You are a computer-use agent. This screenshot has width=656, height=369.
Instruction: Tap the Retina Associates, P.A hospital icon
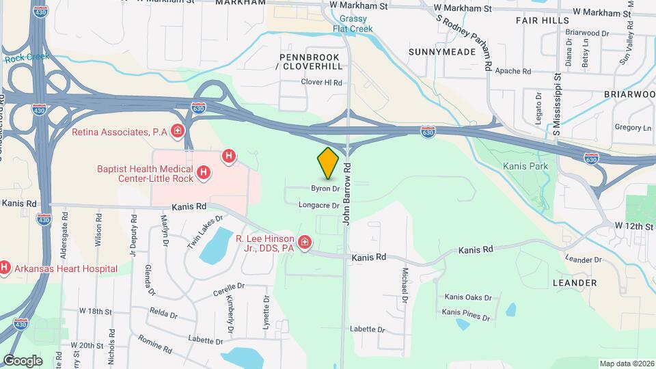178,131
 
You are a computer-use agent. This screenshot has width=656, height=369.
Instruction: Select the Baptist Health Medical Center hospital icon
203,174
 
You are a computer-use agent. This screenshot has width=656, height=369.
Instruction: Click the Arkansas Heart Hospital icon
5,269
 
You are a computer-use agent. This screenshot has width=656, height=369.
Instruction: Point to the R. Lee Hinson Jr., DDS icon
305,243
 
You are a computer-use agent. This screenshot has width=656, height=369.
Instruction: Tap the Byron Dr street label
325,188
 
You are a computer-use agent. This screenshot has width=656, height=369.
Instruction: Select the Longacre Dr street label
318,205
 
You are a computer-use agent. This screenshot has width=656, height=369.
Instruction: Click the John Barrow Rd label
347,193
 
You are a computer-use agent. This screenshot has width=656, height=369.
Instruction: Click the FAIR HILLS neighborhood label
543,20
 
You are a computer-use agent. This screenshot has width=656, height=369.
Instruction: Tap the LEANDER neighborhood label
575,282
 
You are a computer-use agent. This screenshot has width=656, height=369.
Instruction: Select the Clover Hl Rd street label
321,82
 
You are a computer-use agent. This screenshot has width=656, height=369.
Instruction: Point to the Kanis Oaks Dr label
468,297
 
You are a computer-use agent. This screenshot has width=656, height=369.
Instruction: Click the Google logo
23,360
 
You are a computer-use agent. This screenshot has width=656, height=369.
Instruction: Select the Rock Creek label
27,57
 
